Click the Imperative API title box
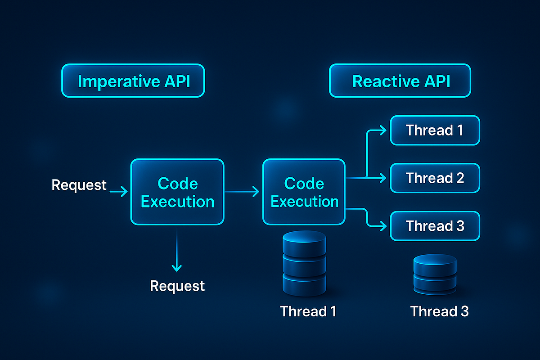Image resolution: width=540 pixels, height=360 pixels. click(x=133, y=81)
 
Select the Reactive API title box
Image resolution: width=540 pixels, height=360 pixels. click(x=400, y=81)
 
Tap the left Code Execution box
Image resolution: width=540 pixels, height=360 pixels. click(x=177, y=192)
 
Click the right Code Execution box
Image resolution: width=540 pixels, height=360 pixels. click(x=304, y=192)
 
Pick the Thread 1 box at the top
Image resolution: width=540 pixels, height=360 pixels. click(x=435, y=130)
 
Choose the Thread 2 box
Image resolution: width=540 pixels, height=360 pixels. click(x=435, y=178)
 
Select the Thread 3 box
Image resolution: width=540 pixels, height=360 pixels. click(x=435, y=226)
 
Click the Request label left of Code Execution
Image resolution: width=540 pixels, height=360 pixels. click(x=79, y=184)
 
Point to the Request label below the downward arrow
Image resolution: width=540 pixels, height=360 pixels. click(x=177, y=286)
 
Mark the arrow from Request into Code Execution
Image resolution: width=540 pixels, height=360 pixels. click(x=118, y=193)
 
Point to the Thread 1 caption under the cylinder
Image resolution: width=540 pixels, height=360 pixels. click(x=308, y=311)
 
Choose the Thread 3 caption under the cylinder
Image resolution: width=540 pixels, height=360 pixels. click(x=439, y=311)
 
